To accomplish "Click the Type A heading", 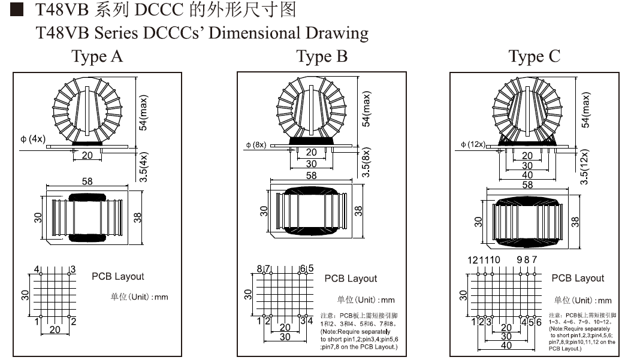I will coord(97,56).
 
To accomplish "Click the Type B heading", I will coord(322,56).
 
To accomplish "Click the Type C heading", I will coord(535,56).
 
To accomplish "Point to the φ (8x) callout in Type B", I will coord(256,144).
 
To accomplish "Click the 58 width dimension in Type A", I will coord(87,181).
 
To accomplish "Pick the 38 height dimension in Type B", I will coord(358,211).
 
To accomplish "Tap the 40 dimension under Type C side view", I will coord(527,175).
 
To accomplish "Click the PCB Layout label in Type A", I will coord(118,276).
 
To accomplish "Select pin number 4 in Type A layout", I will coord(37,269).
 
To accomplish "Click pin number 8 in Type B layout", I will coord(259,268).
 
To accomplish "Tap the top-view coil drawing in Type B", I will coord(312,211).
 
